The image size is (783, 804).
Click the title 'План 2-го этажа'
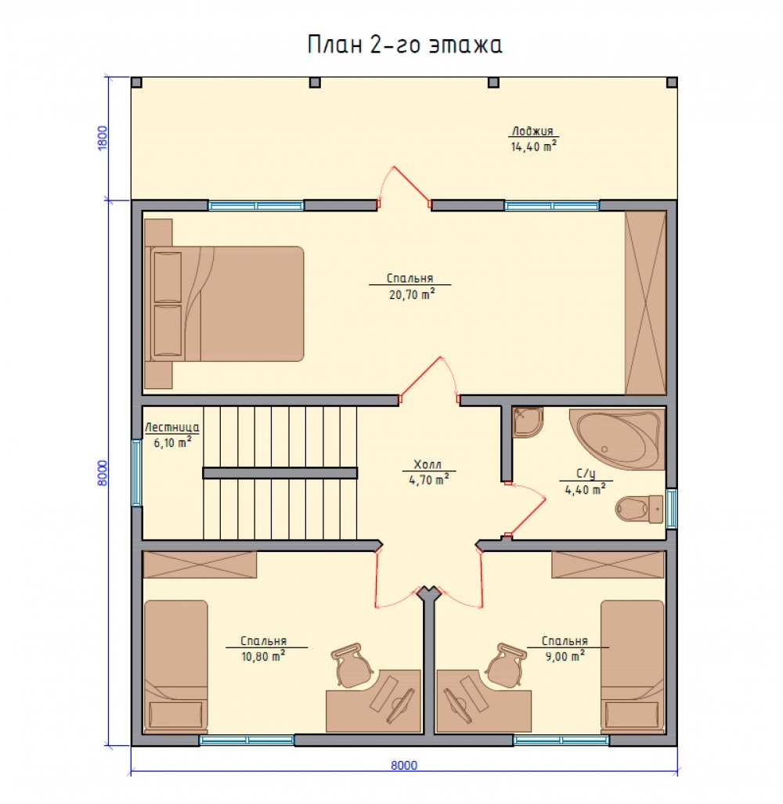coord(405,45)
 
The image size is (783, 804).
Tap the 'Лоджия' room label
coord(532,131)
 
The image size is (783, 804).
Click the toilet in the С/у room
coord(639,509)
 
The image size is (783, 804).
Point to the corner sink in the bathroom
coord(528,422)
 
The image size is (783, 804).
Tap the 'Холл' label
coord(428,464)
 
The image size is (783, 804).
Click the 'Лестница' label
coord(171,427)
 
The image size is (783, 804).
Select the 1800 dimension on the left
coord(103,139)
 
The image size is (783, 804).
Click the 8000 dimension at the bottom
coord(404,765)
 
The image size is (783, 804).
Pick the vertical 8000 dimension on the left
coord(103,473)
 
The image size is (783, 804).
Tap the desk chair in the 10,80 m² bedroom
coord(352,664)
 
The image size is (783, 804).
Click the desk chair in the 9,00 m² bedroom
coord(506,664)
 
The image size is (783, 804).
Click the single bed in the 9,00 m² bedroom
coord(632,666)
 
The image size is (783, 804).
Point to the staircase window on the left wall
coord(136,473)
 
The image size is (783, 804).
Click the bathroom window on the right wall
coord(671,509)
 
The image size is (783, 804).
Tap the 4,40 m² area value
coord(586,489)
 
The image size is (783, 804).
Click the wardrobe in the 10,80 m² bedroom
coord(200,564)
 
